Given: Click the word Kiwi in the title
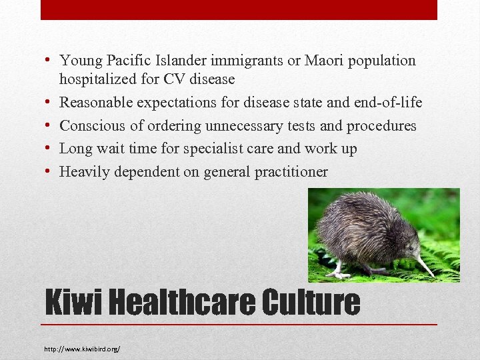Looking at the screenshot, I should [73, 303].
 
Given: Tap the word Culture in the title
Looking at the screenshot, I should [311, 303].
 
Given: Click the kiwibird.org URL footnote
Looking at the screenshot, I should [83, 349].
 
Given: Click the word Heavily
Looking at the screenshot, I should [85, 172].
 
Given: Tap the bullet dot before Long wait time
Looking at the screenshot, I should [49, 149].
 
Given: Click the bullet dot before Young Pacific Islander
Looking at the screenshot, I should [49, 61].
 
